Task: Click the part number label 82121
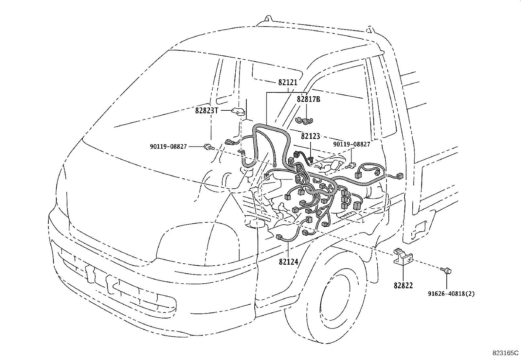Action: [x=288, y=83]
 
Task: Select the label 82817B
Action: [x=308, y=99]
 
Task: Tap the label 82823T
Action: [x=207, y=111]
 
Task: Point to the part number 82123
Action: [x=310, y=136]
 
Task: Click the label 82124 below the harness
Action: [x=289, y=262]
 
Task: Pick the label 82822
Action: [x=403, y=285]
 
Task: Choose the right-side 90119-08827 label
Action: [x=351, y=144]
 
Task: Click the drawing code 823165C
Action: [x=506, y=353]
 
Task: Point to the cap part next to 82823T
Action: [x=238, y=111]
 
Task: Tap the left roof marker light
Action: [x=268, y=19]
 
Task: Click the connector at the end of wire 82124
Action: [x=279, y=237]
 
